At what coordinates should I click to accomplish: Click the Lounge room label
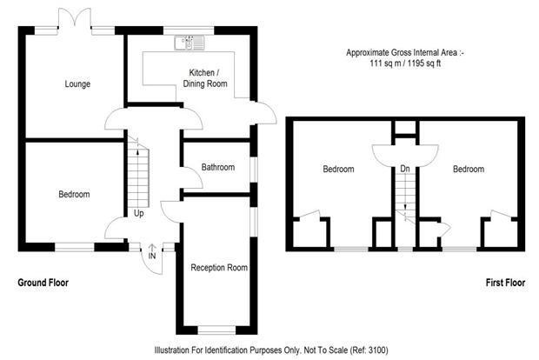(77, 83)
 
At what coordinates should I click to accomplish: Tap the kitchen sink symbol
(190, 43)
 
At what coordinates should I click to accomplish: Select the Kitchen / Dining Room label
(205, 78)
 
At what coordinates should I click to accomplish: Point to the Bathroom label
(218, 168)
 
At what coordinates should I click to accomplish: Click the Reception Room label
(219, 268)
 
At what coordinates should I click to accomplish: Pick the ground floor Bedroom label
(74, 194)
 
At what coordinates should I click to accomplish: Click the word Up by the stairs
(138, 214)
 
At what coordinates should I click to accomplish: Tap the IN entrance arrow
(152, 248)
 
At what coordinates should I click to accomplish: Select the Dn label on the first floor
(405, 169)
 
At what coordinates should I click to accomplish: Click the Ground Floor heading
(43, 283)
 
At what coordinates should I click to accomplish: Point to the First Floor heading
(505, 283)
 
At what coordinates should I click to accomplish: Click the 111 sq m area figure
(385, 63)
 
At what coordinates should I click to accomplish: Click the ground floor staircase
(138, 173)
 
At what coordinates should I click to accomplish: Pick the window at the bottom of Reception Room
(216, 330)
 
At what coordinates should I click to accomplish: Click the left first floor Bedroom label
(338, 170)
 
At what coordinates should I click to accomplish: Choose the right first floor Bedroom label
(469, 170)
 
